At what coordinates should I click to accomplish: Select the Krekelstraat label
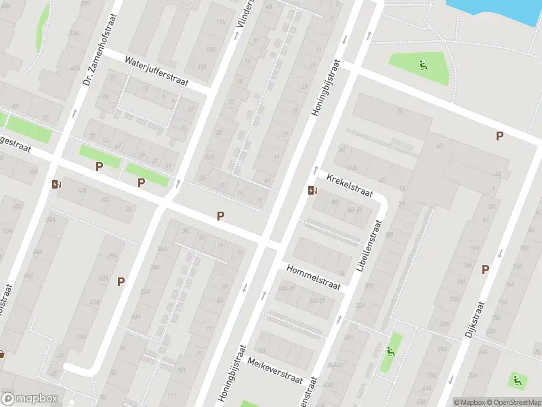(350, 185)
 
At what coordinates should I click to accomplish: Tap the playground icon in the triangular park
(423, 66)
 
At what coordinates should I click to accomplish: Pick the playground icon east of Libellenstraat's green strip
(390, 351)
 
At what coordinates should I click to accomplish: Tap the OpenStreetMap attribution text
(509, 402)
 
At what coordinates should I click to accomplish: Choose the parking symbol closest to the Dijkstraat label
(485, 269)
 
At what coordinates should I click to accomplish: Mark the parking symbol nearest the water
(499, 136)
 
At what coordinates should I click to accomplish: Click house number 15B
(202, 50)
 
